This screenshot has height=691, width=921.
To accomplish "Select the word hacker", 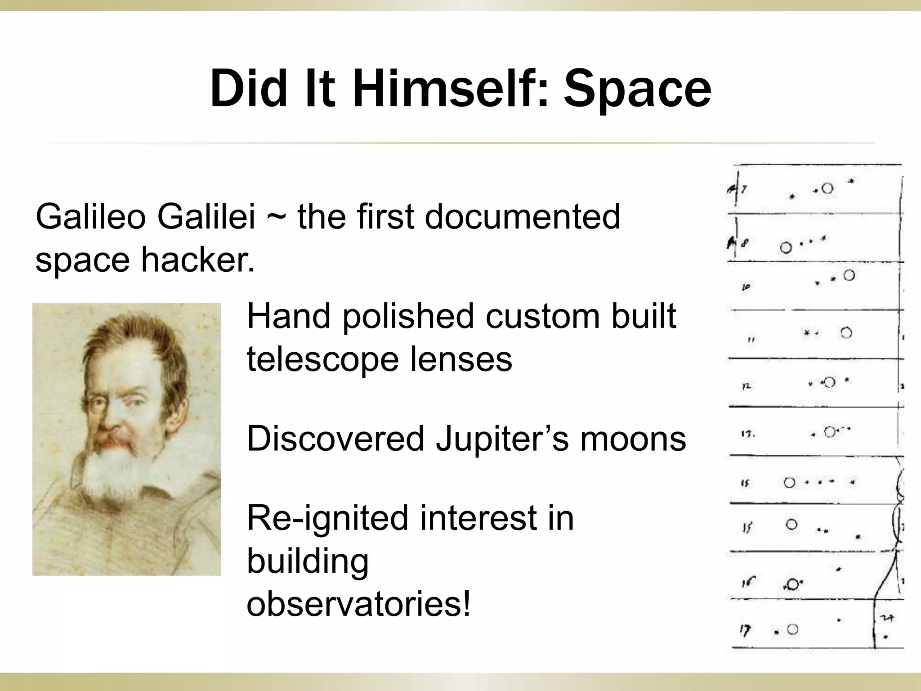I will click(197, 260).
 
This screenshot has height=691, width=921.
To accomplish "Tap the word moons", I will click(633, 438).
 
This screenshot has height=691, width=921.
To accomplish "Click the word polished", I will click(408, 316).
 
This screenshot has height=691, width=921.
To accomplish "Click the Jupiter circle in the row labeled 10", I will click(849, 275).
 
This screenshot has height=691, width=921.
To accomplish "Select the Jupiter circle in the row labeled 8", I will click(786, 247).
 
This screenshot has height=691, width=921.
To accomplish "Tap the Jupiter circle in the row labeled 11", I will click(846, 333).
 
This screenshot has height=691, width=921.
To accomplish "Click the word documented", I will click(522, 217).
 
